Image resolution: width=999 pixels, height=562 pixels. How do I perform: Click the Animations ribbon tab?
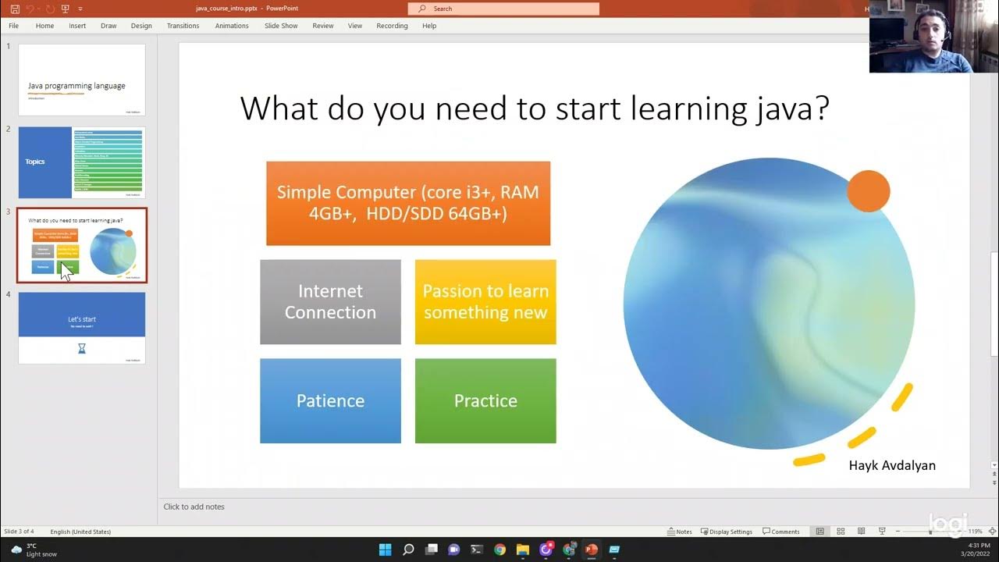click(232, 26)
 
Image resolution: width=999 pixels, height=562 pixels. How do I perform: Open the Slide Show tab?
click(281, 26)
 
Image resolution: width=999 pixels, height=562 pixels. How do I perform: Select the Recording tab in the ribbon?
click(392, 26)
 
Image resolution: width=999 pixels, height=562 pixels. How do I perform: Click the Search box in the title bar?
click(503, 9)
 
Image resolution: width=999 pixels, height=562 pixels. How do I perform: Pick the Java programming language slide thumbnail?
click(82, 80)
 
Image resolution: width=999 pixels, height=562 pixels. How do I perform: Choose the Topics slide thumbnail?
click(82, 162)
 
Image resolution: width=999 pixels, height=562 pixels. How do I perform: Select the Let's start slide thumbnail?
click(82, 328)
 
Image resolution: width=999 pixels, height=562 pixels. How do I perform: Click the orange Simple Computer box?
click(408, 203)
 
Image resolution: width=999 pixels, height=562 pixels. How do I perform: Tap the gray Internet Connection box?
click(330, 301)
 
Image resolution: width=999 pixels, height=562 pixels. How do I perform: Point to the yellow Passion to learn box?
click(485, 301)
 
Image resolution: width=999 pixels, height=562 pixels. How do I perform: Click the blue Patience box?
click(330, 400)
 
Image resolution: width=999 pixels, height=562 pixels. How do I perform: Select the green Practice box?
click(485, 400)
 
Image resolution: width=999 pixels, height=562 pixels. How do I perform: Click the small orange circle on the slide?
click(868, 191)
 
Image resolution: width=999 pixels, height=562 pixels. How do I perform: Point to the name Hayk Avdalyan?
click(892, 465)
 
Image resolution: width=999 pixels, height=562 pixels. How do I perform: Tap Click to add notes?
click(194, 507)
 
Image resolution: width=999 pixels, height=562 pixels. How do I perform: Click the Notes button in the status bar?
click(680, 532)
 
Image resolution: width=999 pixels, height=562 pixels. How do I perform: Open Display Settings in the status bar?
click(727, 532)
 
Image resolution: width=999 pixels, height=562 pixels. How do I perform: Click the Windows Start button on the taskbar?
click(385, 550)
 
